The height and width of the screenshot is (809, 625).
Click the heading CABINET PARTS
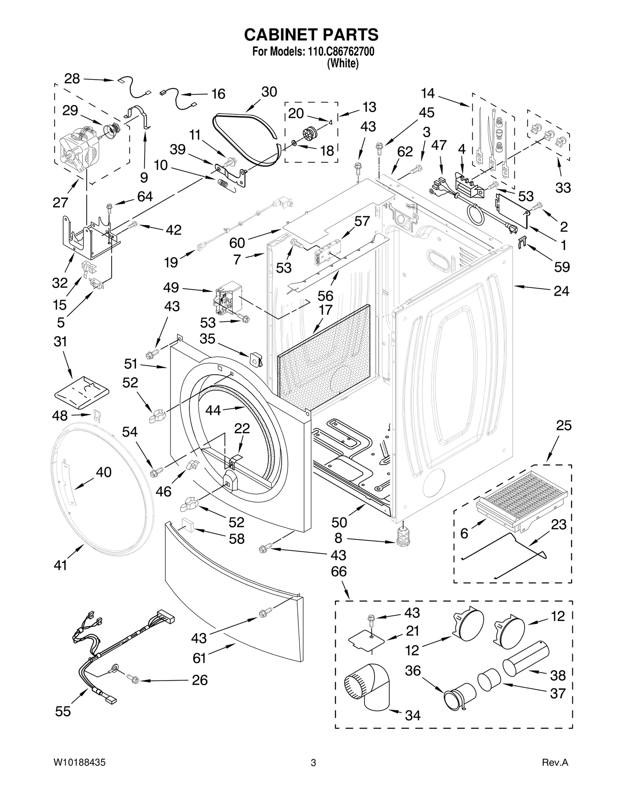pyautogui.click(x=311, y=34)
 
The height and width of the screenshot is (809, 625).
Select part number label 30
pyautogui.click(x=269, y=92)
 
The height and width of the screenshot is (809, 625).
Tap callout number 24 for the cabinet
pyautogui.click(x=561, y=291)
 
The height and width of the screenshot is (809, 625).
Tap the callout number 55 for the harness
pyautogui.click(x=63, y=711)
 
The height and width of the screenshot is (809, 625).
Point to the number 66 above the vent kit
pyautogui.click(x=339, y=571)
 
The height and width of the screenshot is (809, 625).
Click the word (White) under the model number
pyautogui.click(x=343, y=63)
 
